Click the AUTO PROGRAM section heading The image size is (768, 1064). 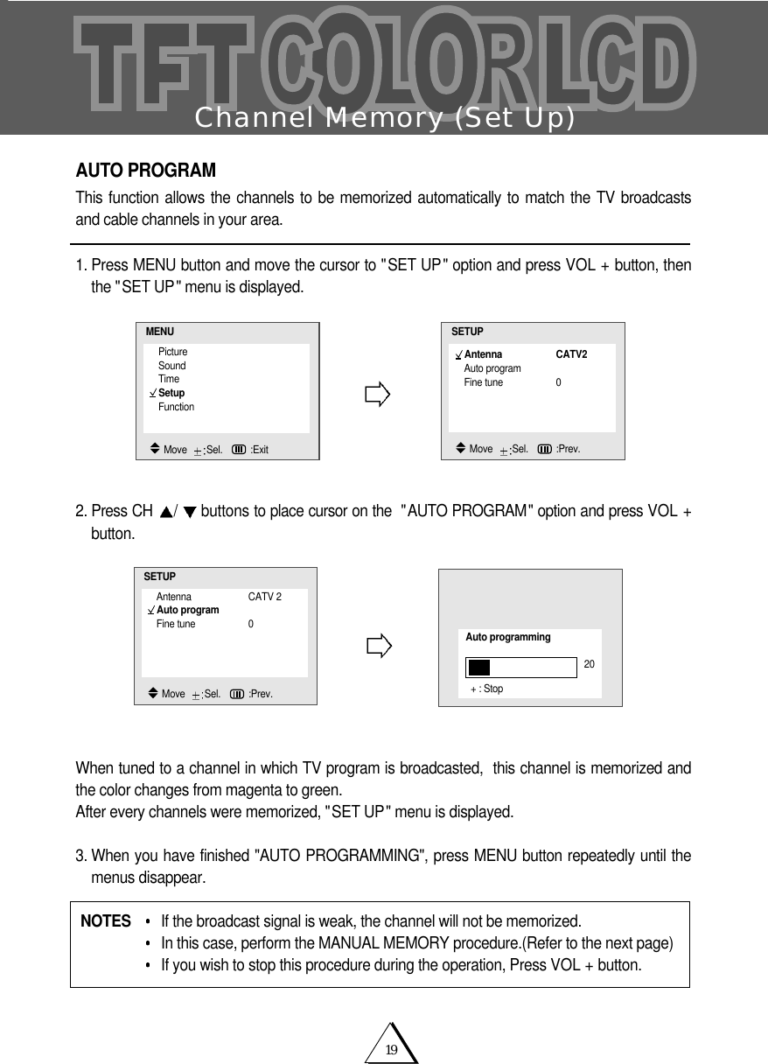point(145,169)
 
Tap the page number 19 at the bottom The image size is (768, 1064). point(392,1050)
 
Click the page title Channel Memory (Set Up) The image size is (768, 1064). point(385,117)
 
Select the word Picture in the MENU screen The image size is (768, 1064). point(172,352)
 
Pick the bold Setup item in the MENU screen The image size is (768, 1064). point(171,393)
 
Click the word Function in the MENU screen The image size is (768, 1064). point(176,407)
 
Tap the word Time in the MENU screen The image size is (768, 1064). point(168,379)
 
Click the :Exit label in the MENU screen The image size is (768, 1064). point(259,450)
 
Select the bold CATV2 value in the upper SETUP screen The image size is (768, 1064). point(571,354)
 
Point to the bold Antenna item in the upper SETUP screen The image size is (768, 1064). point(483,354)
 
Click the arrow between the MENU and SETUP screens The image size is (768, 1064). point(377,395)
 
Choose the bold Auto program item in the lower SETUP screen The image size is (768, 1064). point(187,610)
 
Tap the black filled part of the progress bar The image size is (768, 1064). point(478,668)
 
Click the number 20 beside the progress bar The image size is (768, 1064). point(589,665)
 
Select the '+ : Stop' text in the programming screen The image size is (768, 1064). point(486,689)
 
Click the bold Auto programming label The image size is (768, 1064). point(507,637)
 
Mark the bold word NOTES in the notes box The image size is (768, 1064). point(105,921)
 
